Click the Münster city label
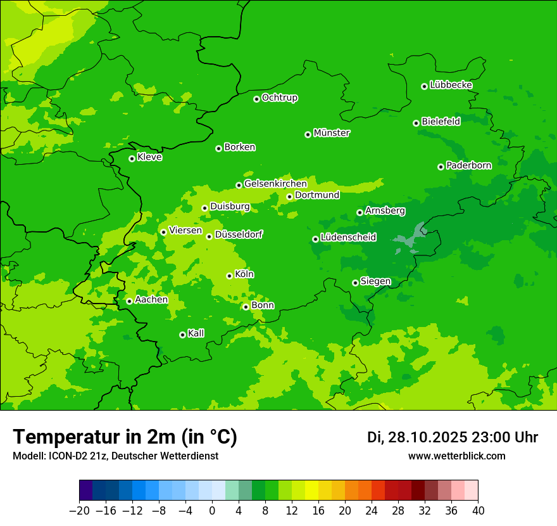pos(332,133)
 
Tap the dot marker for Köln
pos(229,276)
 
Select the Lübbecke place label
pos(451,85)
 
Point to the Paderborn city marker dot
pos(441,167)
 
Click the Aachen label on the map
pos(151,300)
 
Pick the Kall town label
pos(196,333)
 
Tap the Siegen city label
pos(375,281)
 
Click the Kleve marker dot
pos(132,158)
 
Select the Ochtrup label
pos(280,98)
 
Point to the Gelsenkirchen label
pos(275,184)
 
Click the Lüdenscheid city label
pos(348,238)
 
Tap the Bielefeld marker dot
pos(416,123)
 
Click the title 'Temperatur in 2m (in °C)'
pos(125,437)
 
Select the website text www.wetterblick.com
pos(456,456)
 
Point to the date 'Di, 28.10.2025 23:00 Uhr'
pos(452,437)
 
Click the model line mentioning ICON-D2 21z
pos(115,456)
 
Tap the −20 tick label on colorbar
pos(79,511)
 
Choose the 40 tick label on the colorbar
pos(478,511)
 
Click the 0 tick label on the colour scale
pos(212,511)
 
